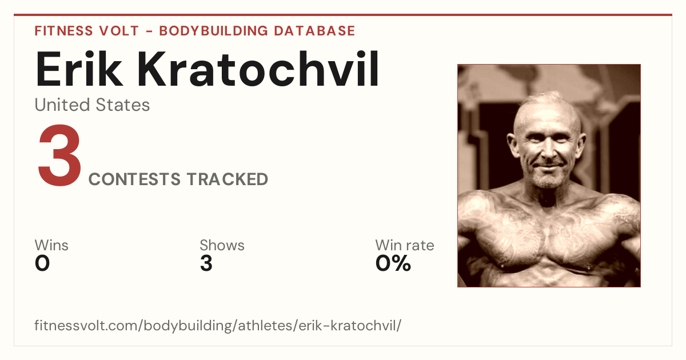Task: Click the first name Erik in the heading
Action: tap(79, 70)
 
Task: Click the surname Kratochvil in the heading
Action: tap(258, 69)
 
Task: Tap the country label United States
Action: tap(92, 105)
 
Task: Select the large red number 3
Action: tap(59, 155)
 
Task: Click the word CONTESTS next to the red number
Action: tap(134, 179)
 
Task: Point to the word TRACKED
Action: tap(228, 179)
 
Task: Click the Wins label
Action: tap(51, 245)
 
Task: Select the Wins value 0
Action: tap(42, 263)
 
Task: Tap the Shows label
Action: tap(222, 245)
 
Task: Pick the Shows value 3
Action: tap(206, 263)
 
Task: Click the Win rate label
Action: tap(405, 245)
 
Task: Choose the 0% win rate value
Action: tap(393, 263)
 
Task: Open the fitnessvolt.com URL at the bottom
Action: tap(218, 325)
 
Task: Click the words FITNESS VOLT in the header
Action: tap(87, 31)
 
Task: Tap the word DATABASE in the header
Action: tap(314, 31)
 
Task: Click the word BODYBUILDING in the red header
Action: tap(214, 31)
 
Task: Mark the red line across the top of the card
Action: tap(343, 15)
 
